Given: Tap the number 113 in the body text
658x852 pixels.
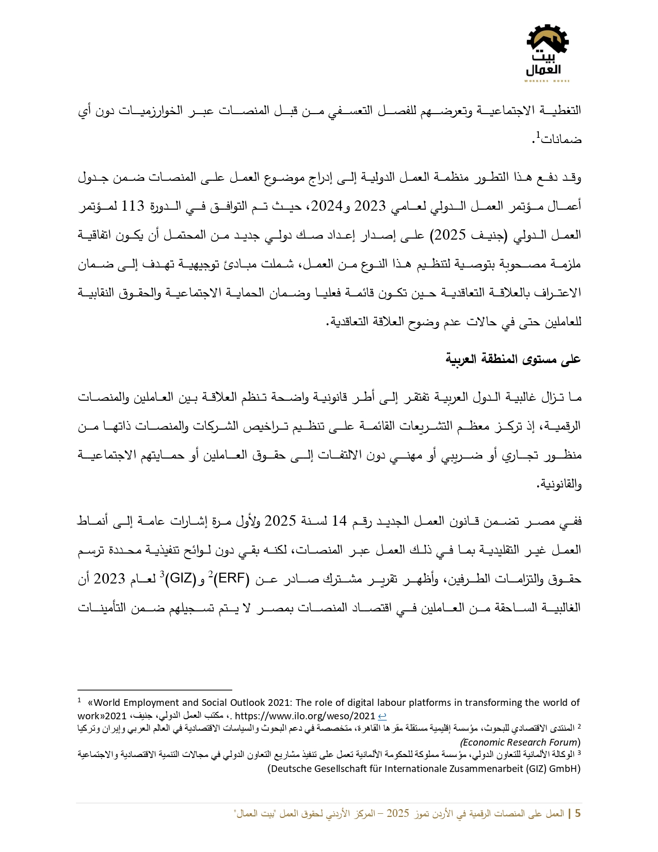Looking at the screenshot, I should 133,207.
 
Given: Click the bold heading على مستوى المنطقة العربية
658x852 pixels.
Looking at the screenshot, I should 513,359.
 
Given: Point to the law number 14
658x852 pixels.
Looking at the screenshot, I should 339,521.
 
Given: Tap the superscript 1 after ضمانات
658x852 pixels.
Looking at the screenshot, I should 538,135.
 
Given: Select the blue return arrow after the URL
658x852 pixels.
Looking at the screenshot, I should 382,716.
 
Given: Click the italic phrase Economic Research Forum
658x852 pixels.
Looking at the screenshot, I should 519,742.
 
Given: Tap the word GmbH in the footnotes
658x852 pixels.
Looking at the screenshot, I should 563,768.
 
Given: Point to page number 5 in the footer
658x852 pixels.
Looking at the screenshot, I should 577,814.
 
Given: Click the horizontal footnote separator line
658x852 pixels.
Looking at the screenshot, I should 155,689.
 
